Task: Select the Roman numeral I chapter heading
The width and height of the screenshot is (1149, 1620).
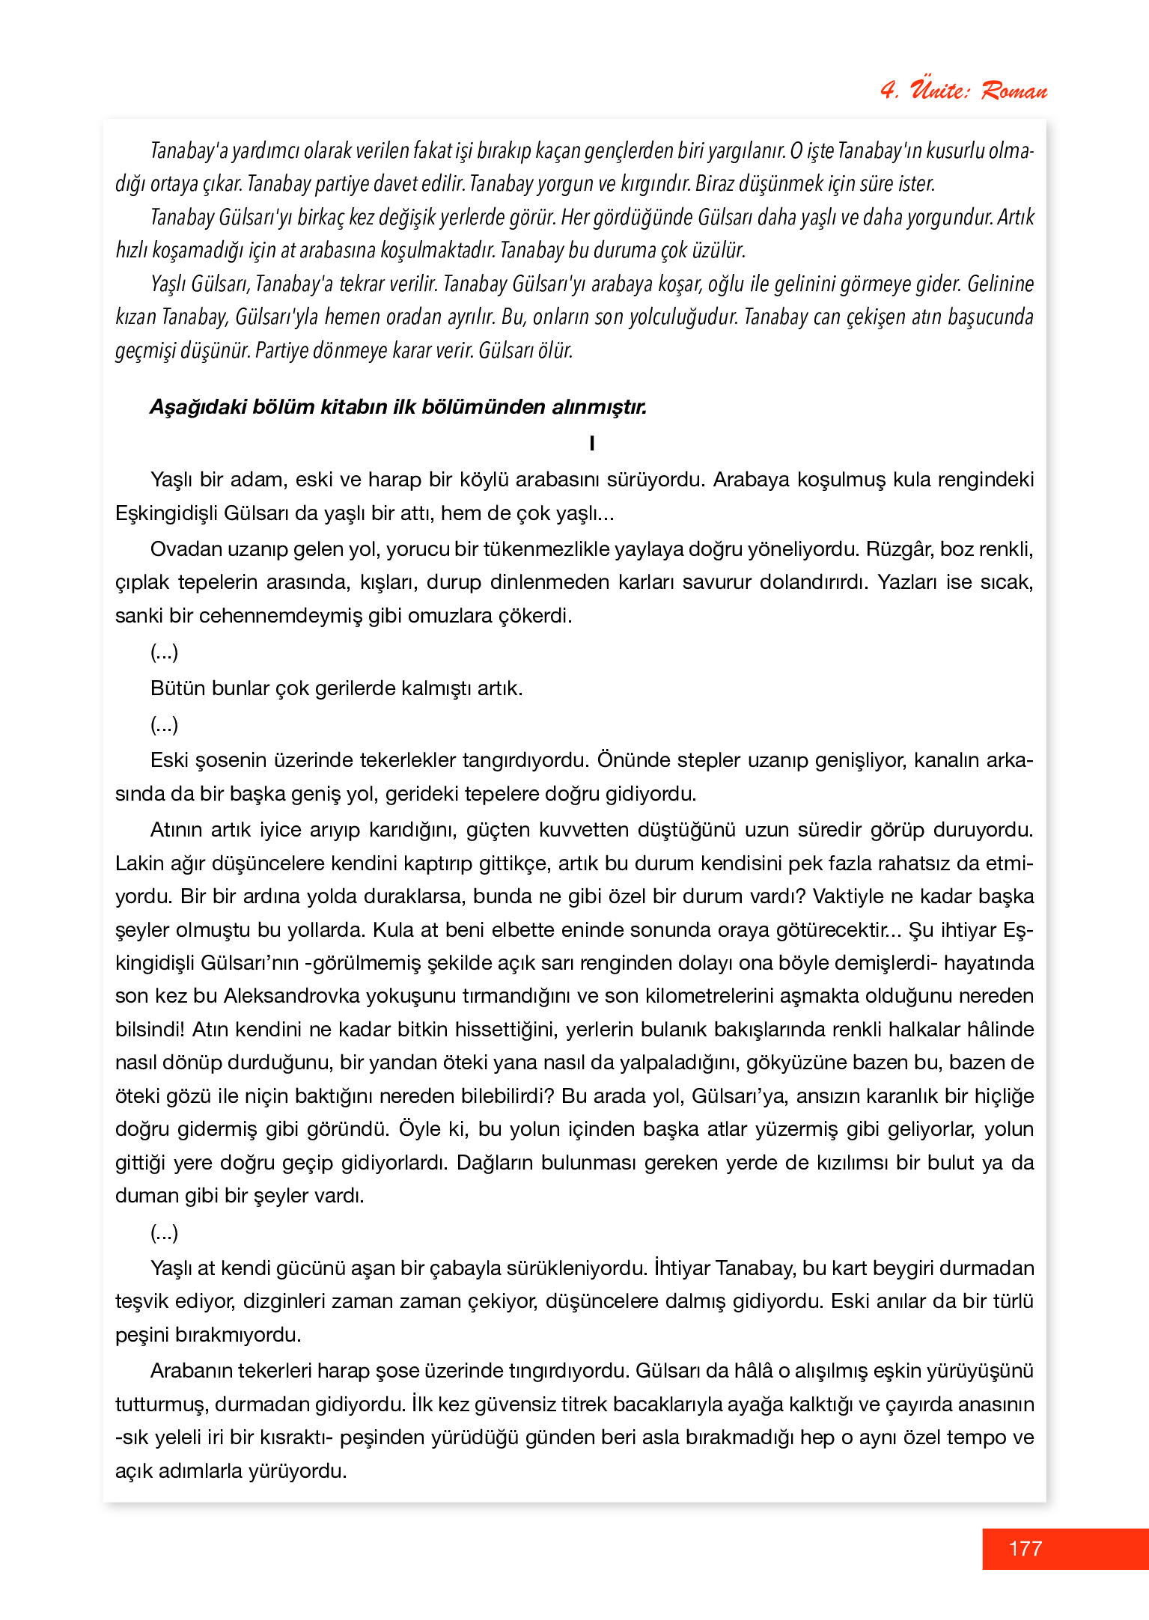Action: point(592,443)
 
